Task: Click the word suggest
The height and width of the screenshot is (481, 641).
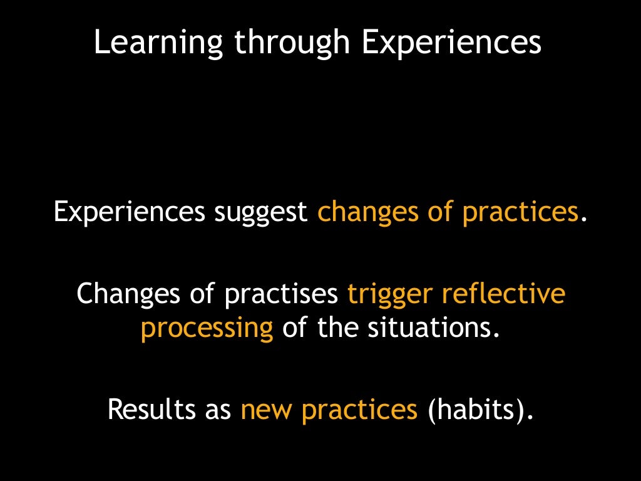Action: click(x=260, y=213)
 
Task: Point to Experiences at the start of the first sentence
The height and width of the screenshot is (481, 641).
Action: click(x=129, y=213)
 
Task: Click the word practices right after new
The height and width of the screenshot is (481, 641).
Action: click(x=359, y=410)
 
